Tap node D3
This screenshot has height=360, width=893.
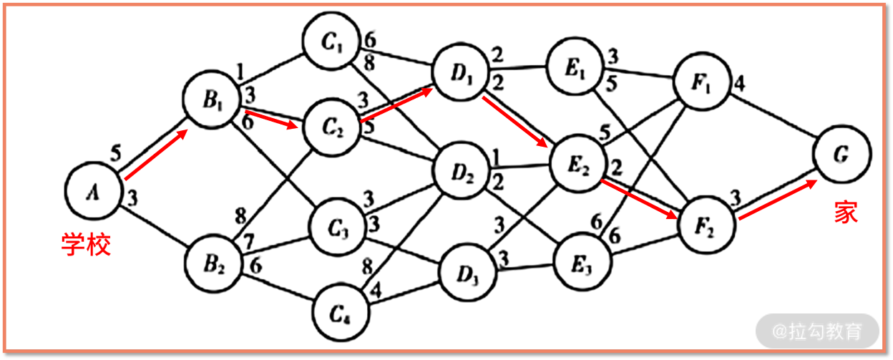(x=466, y=275)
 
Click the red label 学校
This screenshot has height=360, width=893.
(x=86, y=245)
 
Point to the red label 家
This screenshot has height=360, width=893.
(x=846, y=212)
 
